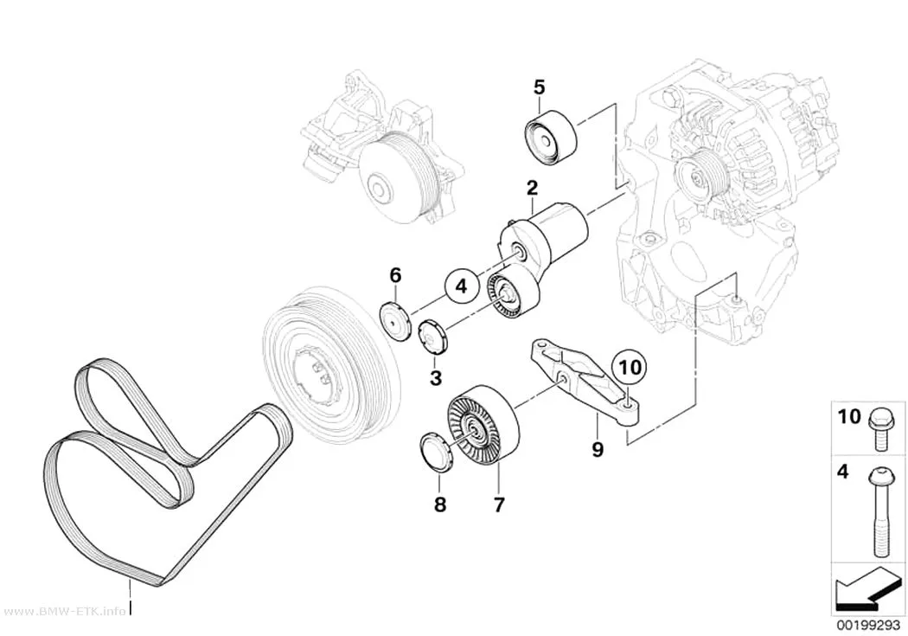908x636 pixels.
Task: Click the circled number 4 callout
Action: [x=462, y=286]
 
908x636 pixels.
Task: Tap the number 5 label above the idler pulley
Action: [x=539, y=87]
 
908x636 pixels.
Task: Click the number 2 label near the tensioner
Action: [x=532, y=187]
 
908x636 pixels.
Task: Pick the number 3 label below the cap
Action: [x=436, y=378]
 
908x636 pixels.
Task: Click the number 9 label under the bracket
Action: [x=598, y=448]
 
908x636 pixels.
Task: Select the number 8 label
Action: [x=440, y=504]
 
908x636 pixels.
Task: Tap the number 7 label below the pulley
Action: [x=499, y=504]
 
